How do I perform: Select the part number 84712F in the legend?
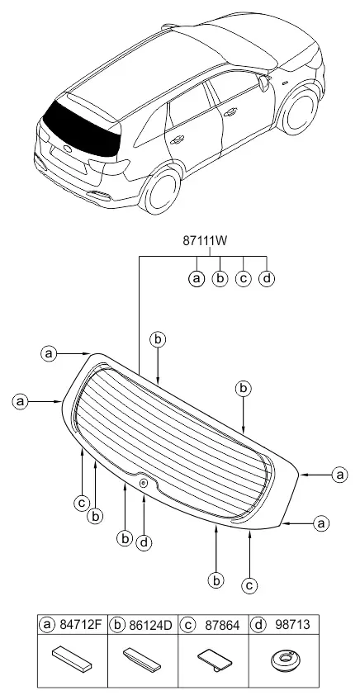coord(80,625)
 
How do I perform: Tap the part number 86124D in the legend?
coord(149,625)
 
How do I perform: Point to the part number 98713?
coord(287,625)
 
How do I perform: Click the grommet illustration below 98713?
coord(286,660)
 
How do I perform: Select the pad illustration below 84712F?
coord(73,659)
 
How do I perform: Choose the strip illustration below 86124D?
coord(143,659)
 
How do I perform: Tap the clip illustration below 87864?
coord(214,659)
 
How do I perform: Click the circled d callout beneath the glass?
coord(144,543)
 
